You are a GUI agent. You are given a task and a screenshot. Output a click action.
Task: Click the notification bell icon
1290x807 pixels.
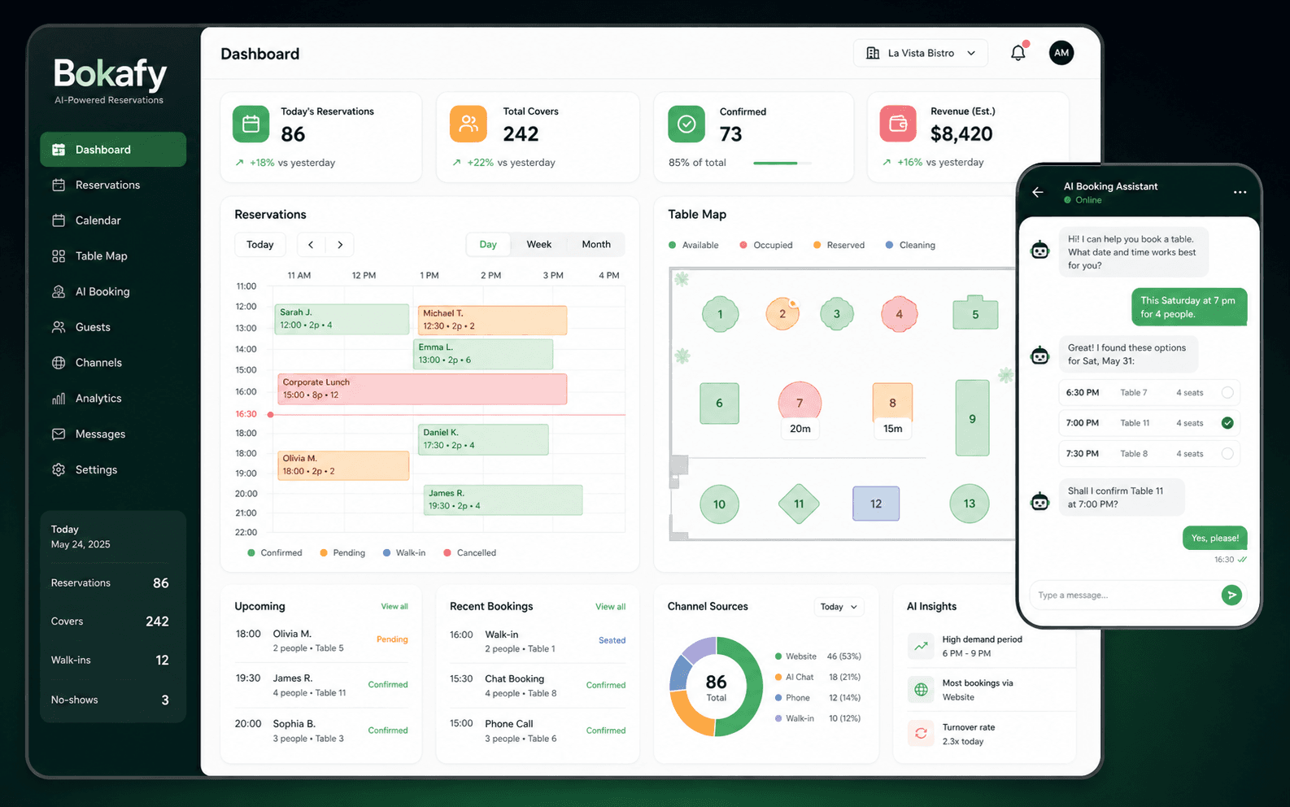1018,53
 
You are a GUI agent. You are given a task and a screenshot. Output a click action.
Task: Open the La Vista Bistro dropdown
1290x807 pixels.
920,53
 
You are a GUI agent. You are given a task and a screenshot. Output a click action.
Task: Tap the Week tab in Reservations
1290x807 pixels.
538,244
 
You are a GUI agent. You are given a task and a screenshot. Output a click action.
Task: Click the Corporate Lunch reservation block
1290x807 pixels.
422,389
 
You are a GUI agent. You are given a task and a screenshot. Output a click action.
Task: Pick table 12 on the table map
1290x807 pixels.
875,504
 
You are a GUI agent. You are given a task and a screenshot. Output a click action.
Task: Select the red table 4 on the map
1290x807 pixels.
899,314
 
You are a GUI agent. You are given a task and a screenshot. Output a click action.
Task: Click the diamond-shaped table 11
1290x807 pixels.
798,504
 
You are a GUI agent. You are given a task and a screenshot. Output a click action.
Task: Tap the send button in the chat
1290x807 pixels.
1231,595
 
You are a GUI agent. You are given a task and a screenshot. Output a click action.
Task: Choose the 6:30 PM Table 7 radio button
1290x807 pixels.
1227,392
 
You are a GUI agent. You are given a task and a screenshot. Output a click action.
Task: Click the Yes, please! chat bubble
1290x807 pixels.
1214,538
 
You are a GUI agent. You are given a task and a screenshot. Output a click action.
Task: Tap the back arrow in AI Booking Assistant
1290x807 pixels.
1038,192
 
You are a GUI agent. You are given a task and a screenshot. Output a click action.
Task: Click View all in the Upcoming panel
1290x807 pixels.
394,607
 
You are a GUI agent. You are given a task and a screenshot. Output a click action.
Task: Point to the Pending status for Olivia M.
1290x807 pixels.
391,639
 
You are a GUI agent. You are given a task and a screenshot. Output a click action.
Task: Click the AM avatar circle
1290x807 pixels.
1061,53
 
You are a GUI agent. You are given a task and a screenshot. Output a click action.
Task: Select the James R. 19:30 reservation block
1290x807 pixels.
503,499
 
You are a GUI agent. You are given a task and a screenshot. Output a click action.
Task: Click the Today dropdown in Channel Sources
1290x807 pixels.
839,607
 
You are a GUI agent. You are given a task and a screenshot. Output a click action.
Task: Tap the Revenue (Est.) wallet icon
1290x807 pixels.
898,124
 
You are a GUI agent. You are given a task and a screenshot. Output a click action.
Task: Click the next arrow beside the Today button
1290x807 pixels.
340,245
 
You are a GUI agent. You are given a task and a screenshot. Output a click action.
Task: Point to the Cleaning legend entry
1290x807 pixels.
910,245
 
